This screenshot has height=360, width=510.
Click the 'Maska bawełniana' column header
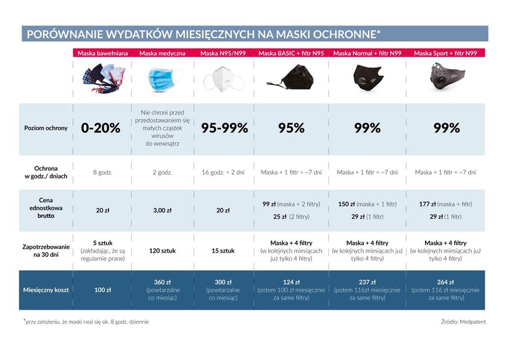pos(103,53)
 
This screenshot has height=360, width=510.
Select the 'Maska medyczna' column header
pos(162,53)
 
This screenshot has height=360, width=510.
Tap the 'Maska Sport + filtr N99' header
pos(445,53)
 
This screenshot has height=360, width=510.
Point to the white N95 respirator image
pos(223,80)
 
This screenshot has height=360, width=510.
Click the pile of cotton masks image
pos(104,78)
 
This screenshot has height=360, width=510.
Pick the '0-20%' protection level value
pos(101,128)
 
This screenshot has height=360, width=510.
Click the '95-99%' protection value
pos(225,128)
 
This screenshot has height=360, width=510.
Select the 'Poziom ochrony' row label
pos(46,128)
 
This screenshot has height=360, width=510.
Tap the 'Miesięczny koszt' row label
pos(46,290)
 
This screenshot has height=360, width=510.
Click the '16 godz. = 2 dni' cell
pos(223,172)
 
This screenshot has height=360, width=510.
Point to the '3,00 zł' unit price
pos(162,211)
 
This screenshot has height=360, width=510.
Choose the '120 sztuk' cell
pos(162,251)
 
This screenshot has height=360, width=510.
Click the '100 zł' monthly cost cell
pos(103,290)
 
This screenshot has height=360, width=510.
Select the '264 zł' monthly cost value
pos(445,282)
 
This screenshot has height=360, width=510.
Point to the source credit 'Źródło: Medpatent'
pos(463,322)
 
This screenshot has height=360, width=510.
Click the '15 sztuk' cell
pos(223,251)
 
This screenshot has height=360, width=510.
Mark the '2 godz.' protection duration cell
pos(162,172)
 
